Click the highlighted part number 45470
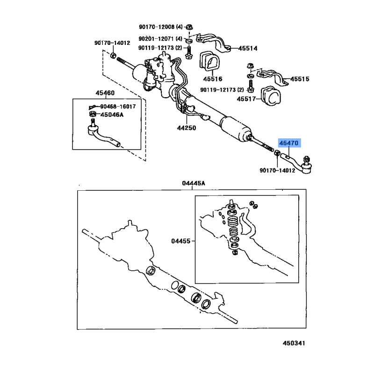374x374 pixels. pyautogui.click(x=288, y=143)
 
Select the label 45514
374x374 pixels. pyautogui.click(x=248, y=49)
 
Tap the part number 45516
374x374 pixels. pyautogui.click(x=213, y=79)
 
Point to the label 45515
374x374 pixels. pyautogui.click(x=300, y=79)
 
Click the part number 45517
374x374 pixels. pyautogui.click(x=246, y=99)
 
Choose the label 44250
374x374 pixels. pyautogui.click(x=187, y=128)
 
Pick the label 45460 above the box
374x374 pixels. pyautogui.click(x=105, y=93)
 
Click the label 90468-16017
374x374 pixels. pyautogui.click(x=118, y=107)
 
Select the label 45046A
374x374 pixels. pyautogui.click(x=112, y=115)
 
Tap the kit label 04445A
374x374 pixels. pyautogui.click(x=194, y=183)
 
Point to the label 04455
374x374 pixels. pyautogui.click(x=181, y=241)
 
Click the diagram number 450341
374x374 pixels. pyautogui.click(x=294, y=343)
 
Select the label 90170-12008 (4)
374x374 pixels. pyautogui.click(x=161, y=27)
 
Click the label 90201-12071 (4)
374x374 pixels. pyautogui.click(x=160, y=39)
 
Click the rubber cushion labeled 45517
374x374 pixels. pyautogui.click(x=271, y=96)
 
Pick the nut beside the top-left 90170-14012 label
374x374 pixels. pyautogui.click(x=113, y=55)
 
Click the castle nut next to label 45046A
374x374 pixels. pyautogui.click(x=93, y=114)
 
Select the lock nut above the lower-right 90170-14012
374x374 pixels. pyautogui.click(x=277, y=153)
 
